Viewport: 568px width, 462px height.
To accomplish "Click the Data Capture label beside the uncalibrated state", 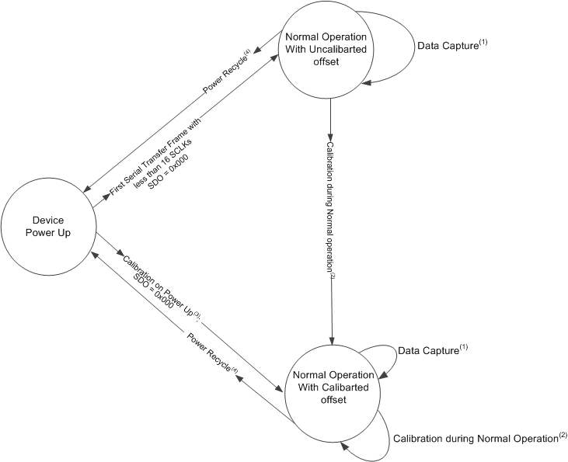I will pos(446,45).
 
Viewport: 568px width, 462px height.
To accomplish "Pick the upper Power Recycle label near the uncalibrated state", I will pos(225,71).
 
